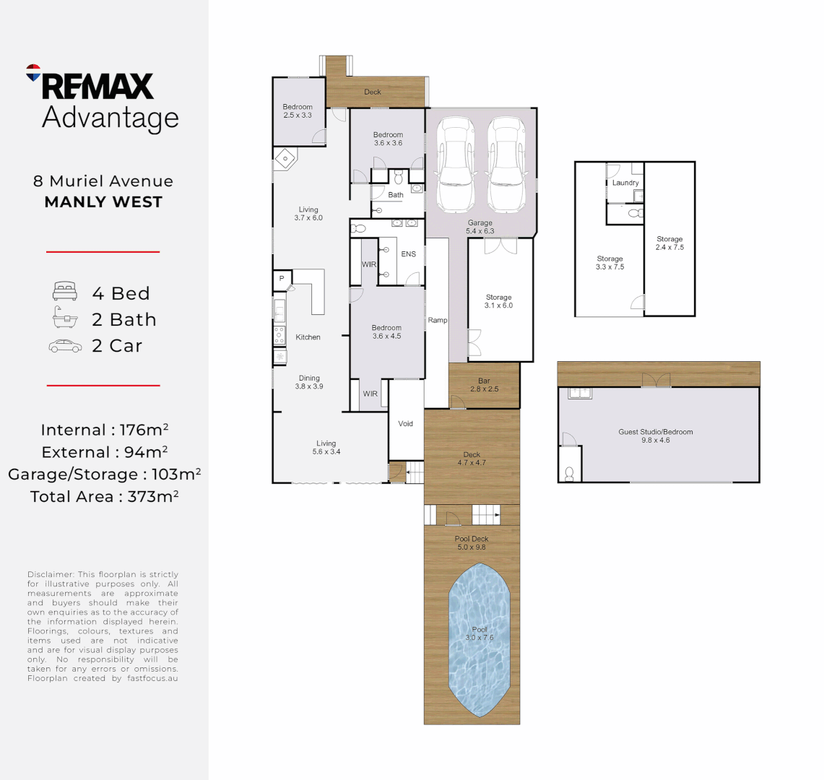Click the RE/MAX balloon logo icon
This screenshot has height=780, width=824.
tap(33, 72)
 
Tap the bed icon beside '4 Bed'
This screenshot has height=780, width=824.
tap(65, 291)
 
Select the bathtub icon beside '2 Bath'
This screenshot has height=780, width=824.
tap(65, 318)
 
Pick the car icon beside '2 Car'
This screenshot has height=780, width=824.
tap(65, 346)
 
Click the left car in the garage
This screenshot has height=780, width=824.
tap(456, 164)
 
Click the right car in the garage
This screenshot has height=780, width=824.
tap(507, 164)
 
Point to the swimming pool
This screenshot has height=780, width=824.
tap(480, 640)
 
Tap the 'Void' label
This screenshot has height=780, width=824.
tap(406, 424)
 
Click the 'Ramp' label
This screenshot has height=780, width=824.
tap(438, 320)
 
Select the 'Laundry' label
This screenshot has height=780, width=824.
tap(625, 183)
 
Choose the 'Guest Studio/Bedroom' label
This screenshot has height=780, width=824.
tap(655, 432)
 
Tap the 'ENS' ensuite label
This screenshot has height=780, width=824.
tap(408, 254)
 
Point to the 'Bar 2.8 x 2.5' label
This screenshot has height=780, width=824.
tap(484, 385)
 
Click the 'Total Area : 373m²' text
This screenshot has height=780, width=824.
tap(104, 497)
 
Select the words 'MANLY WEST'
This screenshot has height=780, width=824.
tap(103, 201)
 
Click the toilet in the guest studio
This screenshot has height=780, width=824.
tap(569, 474)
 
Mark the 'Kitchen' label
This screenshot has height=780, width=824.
tap(308, 337)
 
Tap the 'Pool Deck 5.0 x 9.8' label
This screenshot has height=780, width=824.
tap(472, 543)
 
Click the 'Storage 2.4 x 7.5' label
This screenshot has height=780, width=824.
tap(669, 243)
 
